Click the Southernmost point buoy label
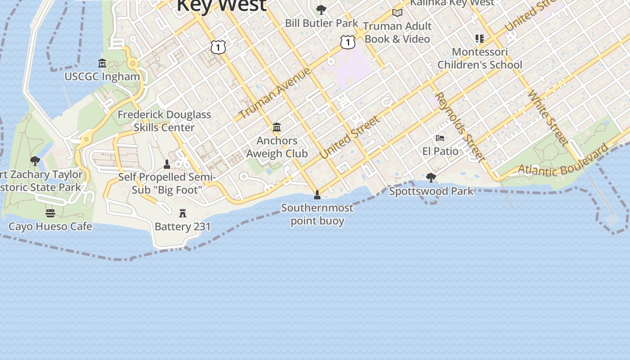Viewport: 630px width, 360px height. click(x=317, y=214)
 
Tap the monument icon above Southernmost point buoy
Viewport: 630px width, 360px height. click(x=317, y=195)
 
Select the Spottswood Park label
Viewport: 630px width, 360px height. click(x=431, y=191)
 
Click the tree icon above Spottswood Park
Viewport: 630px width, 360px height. click(x=431, y=178)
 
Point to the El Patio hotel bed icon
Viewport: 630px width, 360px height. click(x=440, y=138)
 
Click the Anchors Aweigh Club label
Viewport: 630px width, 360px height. click(x=277, y=147)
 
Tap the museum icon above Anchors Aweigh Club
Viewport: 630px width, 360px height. click(x=277, y=127)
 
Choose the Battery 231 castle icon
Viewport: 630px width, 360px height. click(x=183, y=213)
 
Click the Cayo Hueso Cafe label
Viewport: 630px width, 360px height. click(x=50, y=226)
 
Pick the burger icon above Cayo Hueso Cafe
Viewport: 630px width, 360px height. click(x=50, y=213)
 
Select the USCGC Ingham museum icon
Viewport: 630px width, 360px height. click(x=102, y=63)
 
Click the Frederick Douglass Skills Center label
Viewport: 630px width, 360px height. click(x=164, y=121)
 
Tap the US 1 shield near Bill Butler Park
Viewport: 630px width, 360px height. click(x=347, y=42)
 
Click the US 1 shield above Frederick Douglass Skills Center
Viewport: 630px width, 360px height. click(x=218, y=47)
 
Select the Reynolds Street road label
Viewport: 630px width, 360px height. click(x=460, y=127)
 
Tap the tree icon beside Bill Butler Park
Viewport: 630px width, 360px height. click(x=321, y=9)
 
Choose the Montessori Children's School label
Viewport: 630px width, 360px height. click(x=480, y=58)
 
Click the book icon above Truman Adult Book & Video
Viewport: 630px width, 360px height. click(x=397, y=13)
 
